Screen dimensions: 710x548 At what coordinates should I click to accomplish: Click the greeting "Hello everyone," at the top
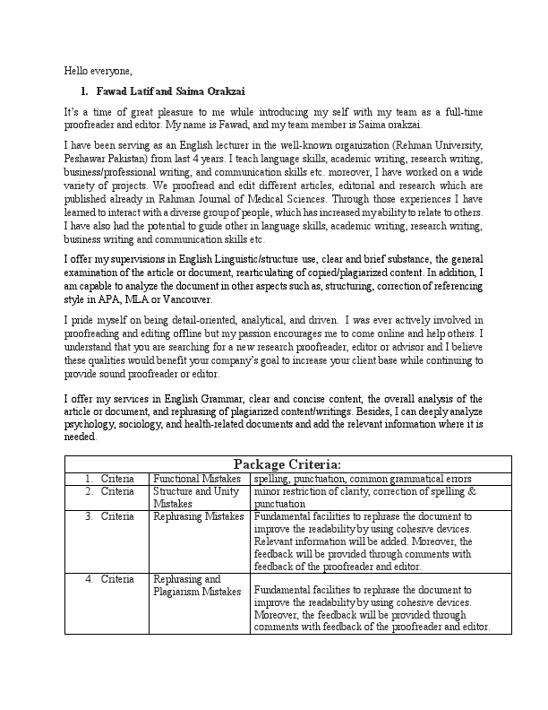pyautogui.click(x=98, y=70)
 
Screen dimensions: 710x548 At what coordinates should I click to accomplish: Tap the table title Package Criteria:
pyautogui.click(x=287, y=463)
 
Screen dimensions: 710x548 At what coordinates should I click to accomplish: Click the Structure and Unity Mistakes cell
pyautogui.click(x=197, y=498)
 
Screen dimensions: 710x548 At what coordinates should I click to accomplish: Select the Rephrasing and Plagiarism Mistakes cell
pyautogui.click(x=197, y=585)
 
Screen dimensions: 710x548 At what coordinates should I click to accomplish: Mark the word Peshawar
pyautogui.click(x=88, y=156)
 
